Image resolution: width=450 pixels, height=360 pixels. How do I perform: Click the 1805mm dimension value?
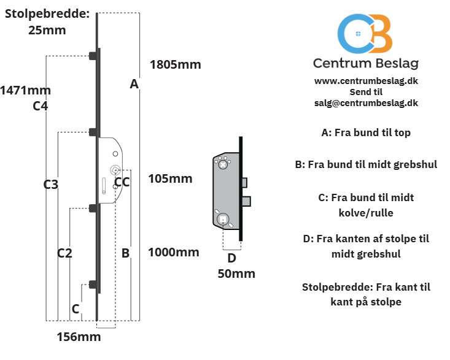pyautogui.click(x=176, y=64)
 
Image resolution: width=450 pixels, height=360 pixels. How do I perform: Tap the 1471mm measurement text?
pyautogui.click(x=26, y=90)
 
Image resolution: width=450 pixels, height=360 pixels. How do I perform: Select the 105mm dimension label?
pyautogui.click(x=170, y=178)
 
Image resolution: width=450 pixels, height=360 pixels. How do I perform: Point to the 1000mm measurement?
pyautogui.click(x=174, y=252)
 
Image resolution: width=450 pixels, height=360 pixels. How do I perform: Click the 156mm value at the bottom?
pyautogui.click(x=79, y=337)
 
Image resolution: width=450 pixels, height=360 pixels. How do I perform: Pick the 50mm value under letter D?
pyautogui.click(x=236, y=274)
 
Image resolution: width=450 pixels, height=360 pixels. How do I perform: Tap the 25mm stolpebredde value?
pyautogui.click(x=47, y=30)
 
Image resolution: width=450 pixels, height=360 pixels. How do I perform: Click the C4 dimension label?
pyautogui.click(x=40, y=106)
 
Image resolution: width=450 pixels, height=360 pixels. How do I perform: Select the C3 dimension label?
pyautogui.click(x=51, y=185)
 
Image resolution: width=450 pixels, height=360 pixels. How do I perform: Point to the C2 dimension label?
pyautogui.click(x=64, y=253)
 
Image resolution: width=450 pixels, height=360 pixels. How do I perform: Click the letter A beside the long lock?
pyautogui.click(x=134, y=84)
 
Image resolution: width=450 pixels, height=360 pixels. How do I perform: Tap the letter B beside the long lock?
pyautogui.click(x=125, y=253)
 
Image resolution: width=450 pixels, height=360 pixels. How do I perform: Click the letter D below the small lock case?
pyautogui.click(x=232, y=258)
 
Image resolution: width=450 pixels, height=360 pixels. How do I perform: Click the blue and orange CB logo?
pyautogui.click(x=365, y=34)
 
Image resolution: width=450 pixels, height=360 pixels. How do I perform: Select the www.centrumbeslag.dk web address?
pyautogui.click(x=366, y=81)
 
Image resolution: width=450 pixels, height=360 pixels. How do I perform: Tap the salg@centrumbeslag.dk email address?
pyautogui.click(x=366, y=103)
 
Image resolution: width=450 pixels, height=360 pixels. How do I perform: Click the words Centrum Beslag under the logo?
pyautogui.click(x=366, y=63)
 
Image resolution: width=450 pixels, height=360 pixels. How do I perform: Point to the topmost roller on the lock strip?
pyautogui.click(x=93, y=56)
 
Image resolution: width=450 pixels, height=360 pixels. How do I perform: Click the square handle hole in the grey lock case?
pyautogui.click(x=223, y=220)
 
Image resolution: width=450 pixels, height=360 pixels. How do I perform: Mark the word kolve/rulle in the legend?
pyautogui.click(x=366, y=213)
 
